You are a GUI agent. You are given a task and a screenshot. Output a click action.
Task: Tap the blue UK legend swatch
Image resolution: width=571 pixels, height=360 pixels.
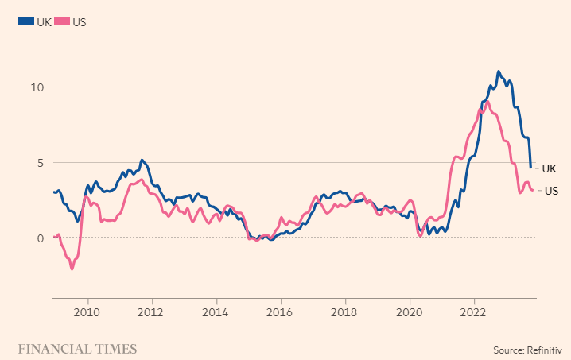click(25, 22)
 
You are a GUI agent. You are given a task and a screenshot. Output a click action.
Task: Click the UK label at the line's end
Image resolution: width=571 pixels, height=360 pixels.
click(549, 168)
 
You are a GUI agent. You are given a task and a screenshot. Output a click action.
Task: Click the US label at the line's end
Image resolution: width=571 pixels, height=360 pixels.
click(550, 191)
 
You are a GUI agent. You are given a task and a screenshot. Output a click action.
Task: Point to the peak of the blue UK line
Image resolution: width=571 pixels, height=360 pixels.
click(499, 72)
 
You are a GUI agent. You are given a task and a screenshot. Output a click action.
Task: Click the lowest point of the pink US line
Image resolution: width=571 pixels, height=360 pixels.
click(72, 269)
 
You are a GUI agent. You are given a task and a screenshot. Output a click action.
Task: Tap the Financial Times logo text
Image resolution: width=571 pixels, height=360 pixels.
click(77, 349)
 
